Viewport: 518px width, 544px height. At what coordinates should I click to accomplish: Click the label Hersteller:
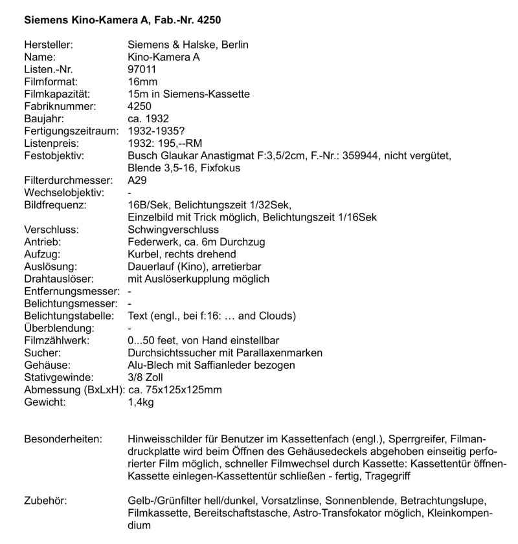[48, 45]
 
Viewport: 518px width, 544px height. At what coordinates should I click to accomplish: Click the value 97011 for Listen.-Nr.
[143, 69]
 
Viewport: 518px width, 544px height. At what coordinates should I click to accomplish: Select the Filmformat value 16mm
[143, 82]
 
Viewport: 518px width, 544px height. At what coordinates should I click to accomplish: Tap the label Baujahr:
[43, 118]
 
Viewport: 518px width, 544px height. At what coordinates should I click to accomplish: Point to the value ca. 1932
[148, 118]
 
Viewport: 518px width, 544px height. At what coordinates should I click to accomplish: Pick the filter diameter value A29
[138, 180]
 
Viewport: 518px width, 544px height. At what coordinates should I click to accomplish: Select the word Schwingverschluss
[174, 230]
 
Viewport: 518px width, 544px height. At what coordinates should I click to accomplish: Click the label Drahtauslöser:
[59, 279]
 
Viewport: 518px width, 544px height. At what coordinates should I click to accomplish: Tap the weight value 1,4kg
[141, 402]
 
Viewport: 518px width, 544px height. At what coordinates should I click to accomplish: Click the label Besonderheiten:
[63, 439]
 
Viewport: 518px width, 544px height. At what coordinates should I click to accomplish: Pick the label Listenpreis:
[51, 143]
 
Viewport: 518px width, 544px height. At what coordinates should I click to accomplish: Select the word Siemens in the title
[45, 20]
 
